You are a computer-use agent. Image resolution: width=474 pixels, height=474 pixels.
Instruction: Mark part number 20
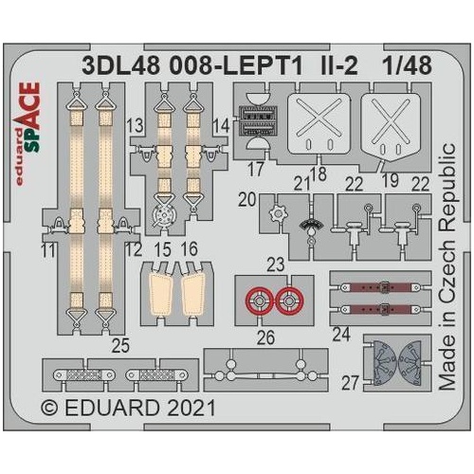[246, 199]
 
